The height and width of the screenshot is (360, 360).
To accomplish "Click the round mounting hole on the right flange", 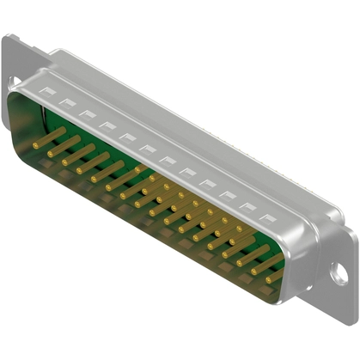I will (x=340, y=277).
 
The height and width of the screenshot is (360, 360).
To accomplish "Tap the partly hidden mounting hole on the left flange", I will (x=13, y=82).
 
